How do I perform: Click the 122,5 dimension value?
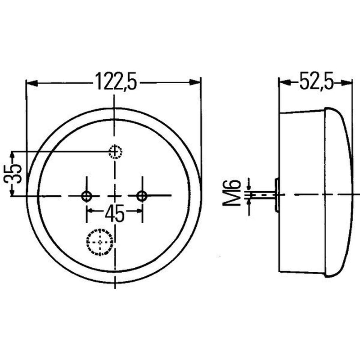click(117, 82)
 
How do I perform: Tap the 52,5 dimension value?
click(316, 81)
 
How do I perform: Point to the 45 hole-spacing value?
click(115, 213)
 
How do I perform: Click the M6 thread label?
click(232, 193)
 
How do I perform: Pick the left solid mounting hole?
click(86, 196)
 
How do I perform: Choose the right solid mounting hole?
click(142, 196)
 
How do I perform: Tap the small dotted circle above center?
click(116, 152)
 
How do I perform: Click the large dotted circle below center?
click(100, 242)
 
